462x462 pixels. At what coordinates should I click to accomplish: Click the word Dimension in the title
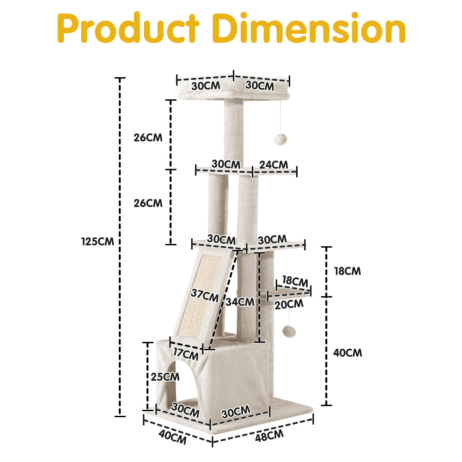pos(311,29)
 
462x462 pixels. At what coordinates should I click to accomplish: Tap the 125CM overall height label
pos(97,241)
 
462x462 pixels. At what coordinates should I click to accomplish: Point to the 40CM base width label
pos(172,437)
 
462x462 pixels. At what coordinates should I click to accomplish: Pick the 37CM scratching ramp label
pos(204,294)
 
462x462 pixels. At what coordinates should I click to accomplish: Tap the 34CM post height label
pos(240,302)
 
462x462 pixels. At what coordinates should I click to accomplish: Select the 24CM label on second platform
pos(274,164)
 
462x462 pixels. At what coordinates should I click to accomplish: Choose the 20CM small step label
pos(289,304)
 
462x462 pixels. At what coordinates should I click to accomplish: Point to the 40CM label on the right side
pos(347,353)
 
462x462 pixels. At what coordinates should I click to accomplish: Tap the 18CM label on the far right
pos(347,271)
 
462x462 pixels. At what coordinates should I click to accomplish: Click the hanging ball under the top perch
pos(280,140)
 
